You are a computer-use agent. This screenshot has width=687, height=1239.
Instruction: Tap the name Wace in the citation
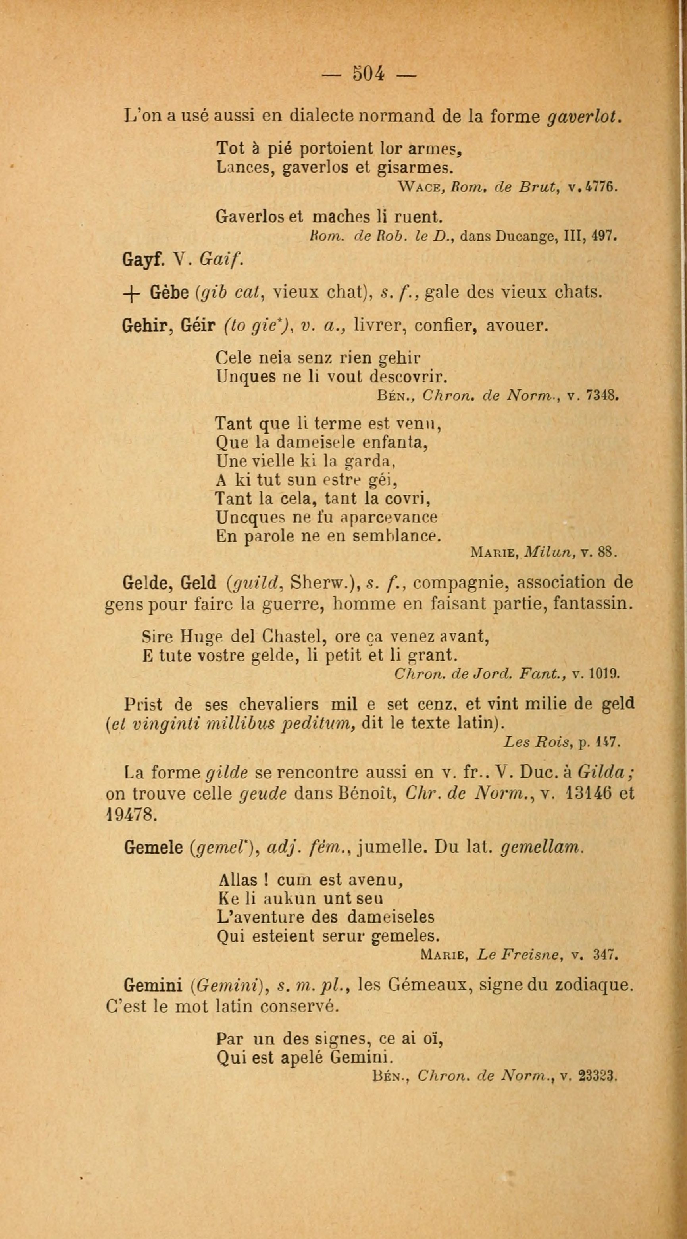point(416,187)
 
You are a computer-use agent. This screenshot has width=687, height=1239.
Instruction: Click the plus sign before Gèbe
point(132,293)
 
